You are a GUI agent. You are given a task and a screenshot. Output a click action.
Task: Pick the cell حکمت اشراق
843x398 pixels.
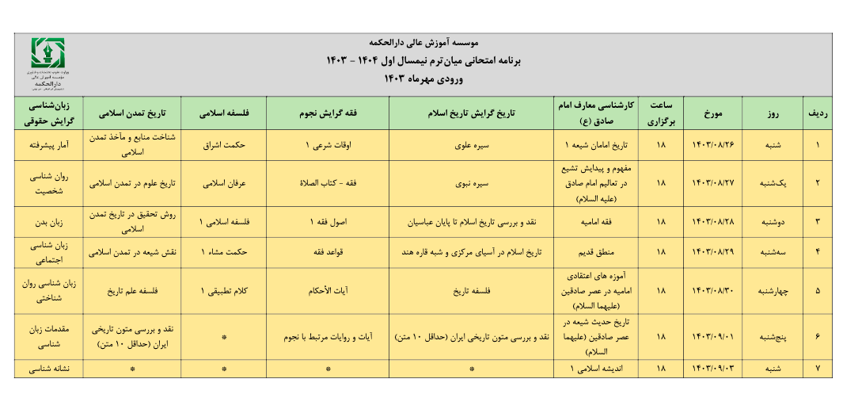[x=224, y=146]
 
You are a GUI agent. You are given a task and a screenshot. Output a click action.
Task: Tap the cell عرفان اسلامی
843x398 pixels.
[x=224, y=182]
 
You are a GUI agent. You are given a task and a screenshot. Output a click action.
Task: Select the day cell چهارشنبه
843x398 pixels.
[x=773, y=290]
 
